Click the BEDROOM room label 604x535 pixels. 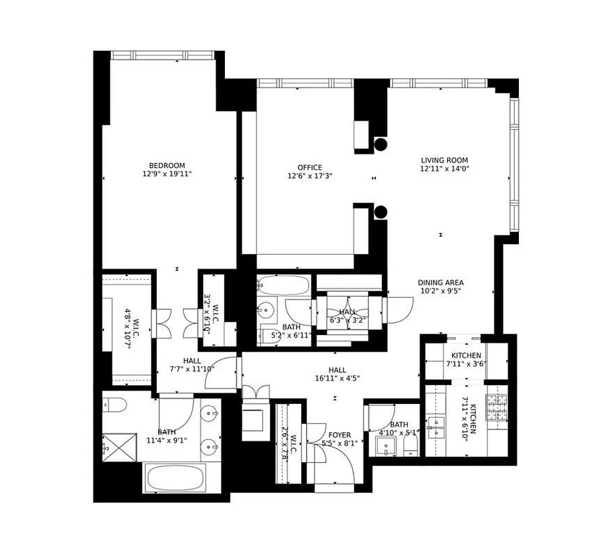[167, 166]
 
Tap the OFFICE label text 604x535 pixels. [310, 168]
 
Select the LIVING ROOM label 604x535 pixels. [444, 160]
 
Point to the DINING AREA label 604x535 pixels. [441, 282]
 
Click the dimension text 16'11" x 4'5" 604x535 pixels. [336, 378]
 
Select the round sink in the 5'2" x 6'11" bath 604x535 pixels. [269, 312]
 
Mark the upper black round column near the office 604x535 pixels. [381, 144]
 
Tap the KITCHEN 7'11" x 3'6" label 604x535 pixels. [465, 360]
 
